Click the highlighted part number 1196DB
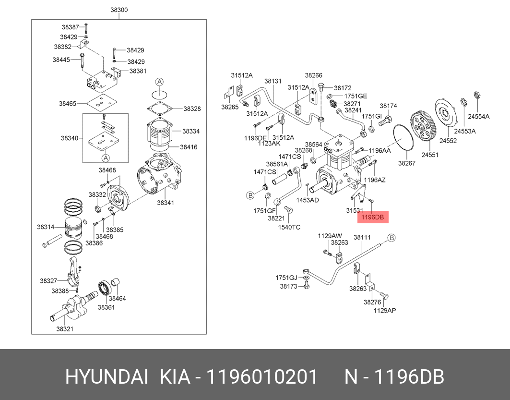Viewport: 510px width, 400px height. pos(373,218)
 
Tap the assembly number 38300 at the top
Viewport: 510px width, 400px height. pos(119,10)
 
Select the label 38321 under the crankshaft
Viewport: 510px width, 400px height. pos(64,329)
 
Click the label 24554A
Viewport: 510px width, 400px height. pos(479,117)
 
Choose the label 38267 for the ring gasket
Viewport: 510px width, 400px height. pos(407,163)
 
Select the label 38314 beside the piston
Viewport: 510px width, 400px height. pos(46,227)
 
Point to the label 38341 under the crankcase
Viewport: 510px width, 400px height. pos(165,203)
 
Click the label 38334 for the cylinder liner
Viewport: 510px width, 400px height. pos(191,131)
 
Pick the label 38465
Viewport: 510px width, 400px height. pos(68,103)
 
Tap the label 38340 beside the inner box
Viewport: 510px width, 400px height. pos(69,138)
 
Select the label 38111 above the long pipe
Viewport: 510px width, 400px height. pos(362,237)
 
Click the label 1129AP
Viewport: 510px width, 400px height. pos(385,310)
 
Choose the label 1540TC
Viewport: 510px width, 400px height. pos(290,227)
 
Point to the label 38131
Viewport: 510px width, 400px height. pos(273,81)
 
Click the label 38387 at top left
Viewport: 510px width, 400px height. pos(70,27)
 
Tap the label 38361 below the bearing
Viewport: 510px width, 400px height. pos(107,307)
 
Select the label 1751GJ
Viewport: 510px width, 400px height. pos(285,278)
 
